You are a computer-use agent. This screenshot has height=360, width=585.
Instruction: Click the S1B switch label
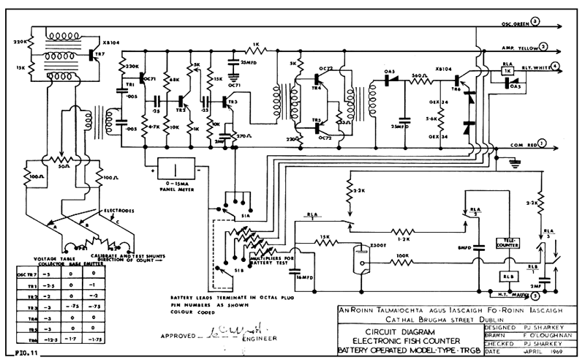point(233,270)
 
